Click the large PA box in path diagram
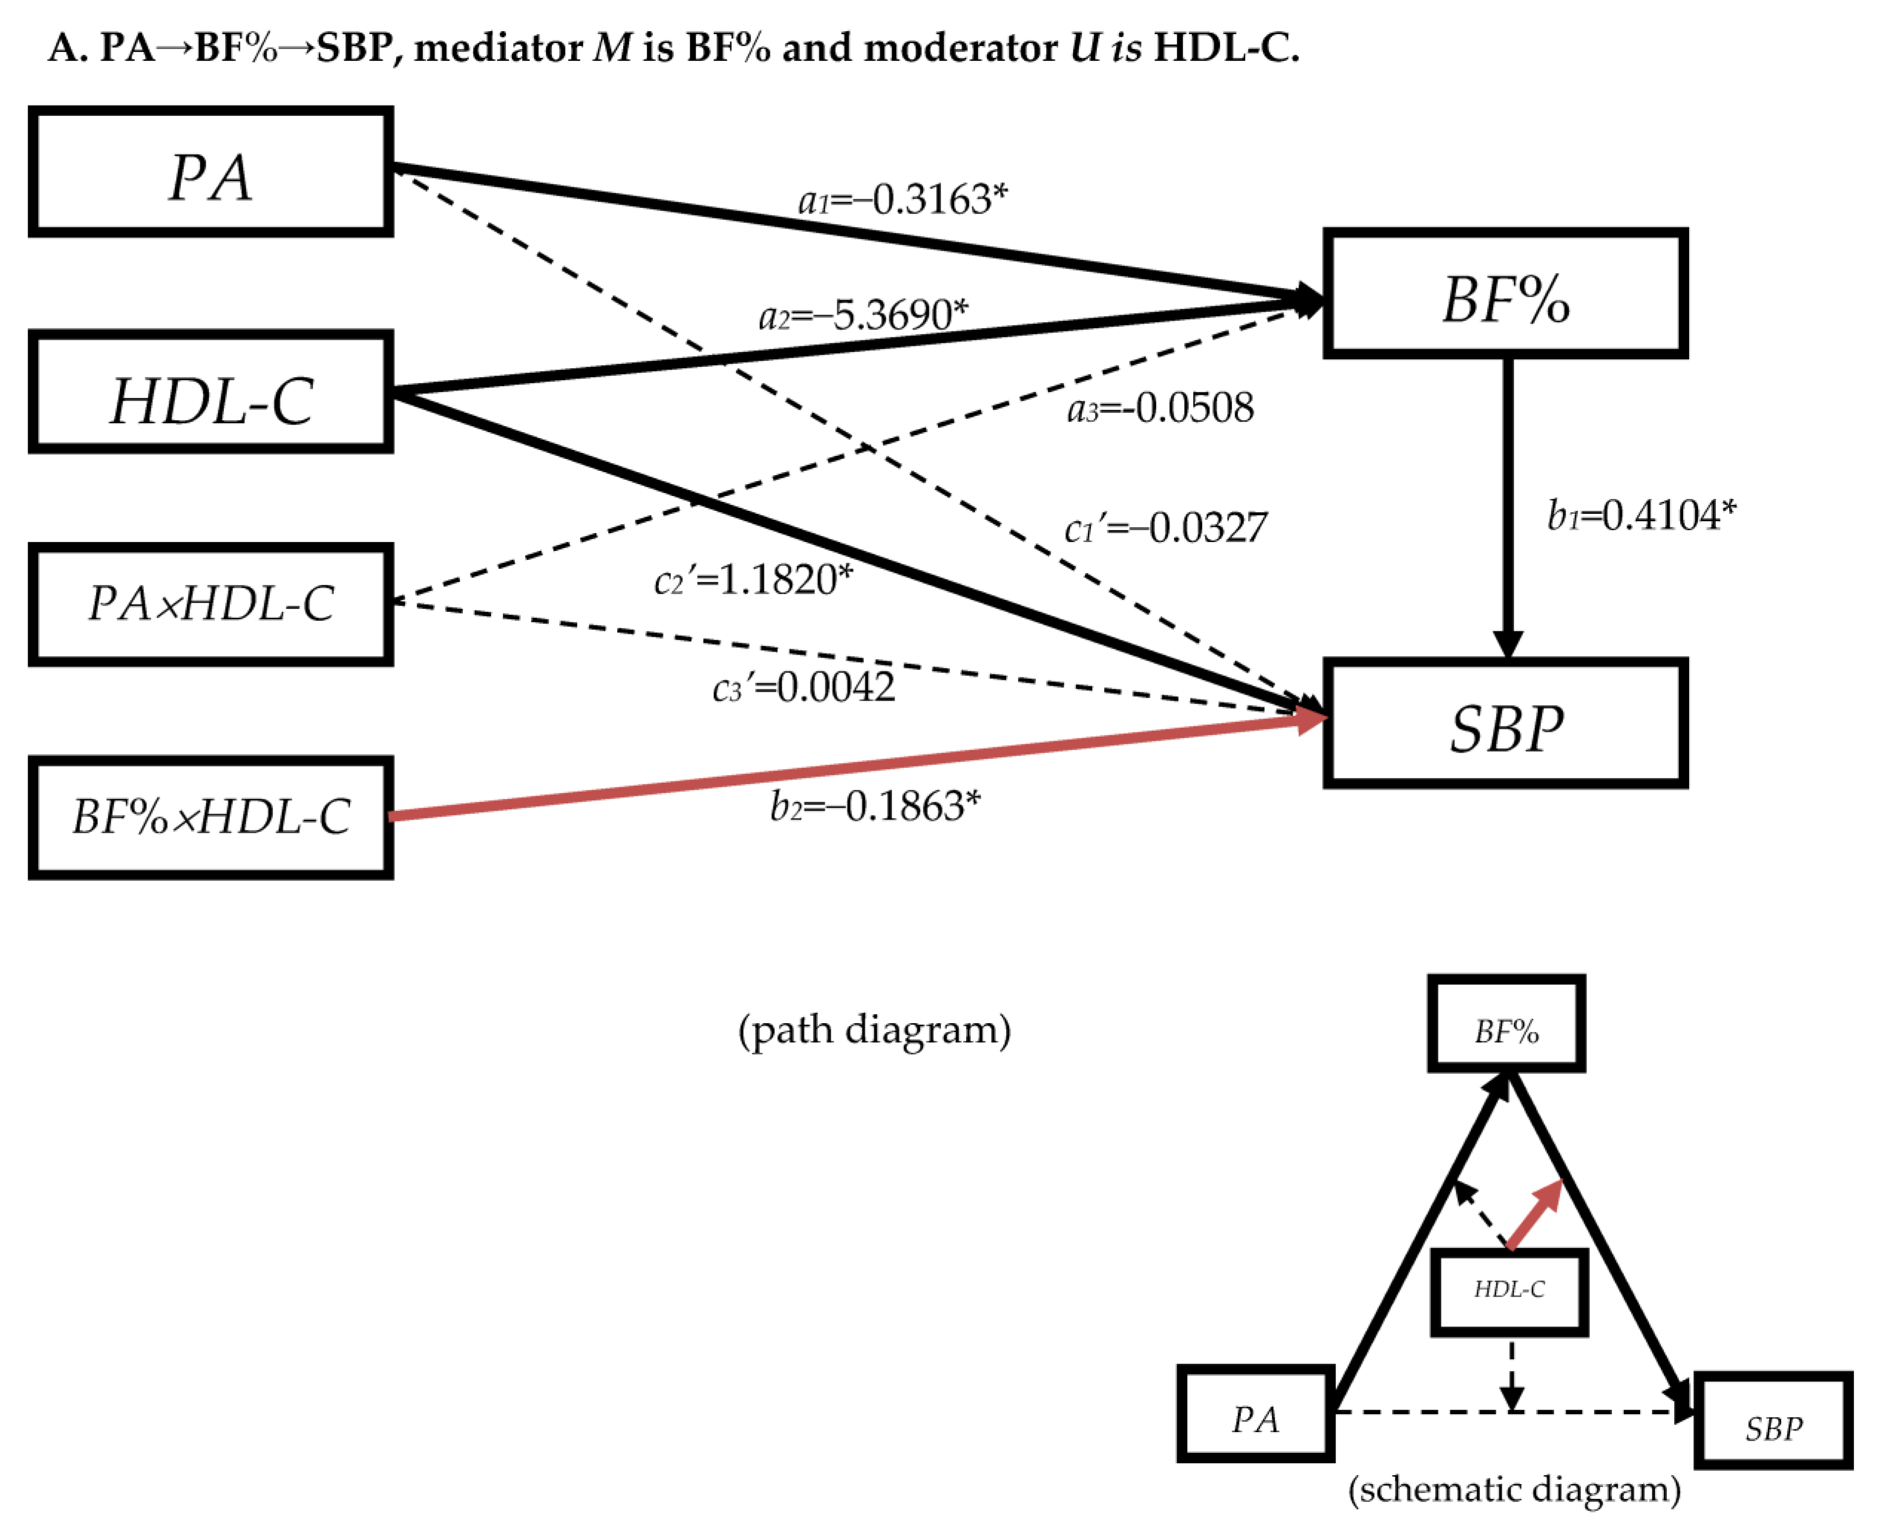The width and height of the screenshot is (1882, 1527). tap(211, 173)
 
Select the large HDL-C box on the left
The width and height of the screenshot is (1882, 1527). tap(211, 392)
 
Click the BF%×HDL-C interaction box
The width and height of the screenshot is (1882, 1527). tap(211, 817)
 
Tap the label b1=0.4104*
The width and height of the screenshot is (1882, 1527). tap(1641, 515)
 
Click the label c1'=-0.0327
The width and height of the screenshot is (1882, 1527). tap(1165, 528)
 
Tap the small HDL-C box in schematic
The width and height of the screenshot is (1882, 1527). tap(1509, 1291)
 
